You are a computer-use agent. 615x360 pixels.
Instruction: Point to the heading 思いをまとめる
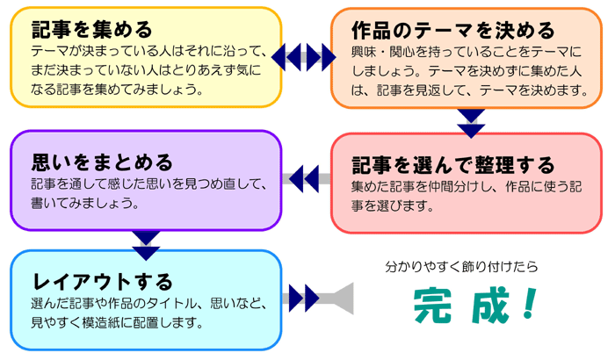tap(102, 162)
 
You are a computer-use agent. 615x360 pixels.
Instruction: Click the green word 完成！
tap(474, 304)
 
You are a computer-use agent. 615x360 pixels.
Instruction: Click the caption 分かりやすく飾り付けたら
tap(461, 265)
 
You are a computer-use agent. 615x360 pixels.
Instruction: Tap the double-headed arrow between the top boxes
tap(304, 58)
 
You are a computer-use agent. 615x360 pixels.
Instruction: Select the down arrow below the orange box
tap(472, 122)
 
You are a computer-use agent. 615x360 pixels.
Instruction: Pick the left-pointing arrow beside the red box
tap(304, 179)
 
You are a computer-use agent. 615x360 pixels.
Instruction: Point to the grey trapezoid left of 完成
tap(338, 299)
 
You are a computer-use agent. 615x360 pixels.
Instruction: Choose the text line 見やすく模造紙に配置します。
tap(119, 322)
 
